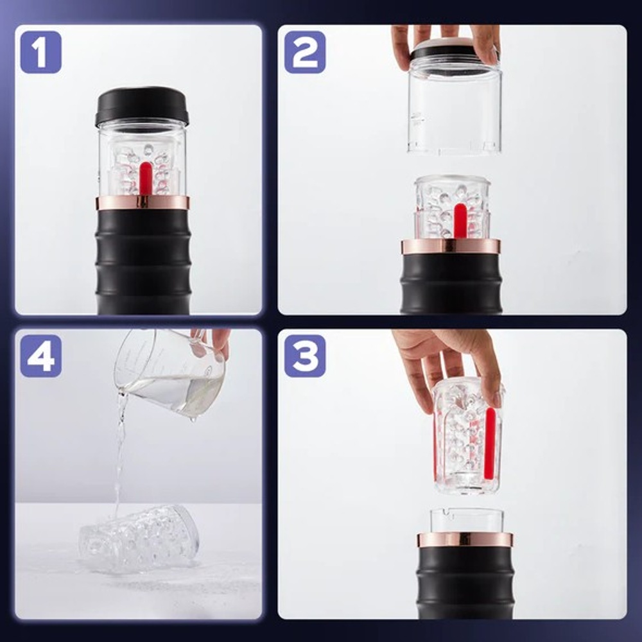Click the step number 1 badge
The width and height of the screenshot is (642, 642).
tap(41, 52)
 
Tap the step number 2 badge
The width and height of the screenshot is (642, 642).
tap(305, 52)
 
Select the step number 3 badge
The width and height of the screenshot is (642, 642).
tap(305, 356)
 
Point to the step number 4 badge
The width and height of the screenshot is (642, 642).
tap(41, 356)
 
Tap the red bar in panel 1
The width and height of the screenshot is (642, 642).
tap(145, 180)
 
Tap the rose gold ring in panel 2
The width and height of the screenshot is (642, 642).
tap(451, 246)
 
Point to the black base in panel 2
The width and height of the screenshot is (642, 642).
tap(451, 283)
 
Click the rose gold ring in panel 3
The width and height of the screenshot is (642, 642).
tap(465, 540)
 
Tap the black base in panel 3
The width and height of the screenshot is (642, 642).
tap(465, 583)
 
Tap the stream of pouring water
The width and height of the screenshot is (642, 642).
tap(119, 451)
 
